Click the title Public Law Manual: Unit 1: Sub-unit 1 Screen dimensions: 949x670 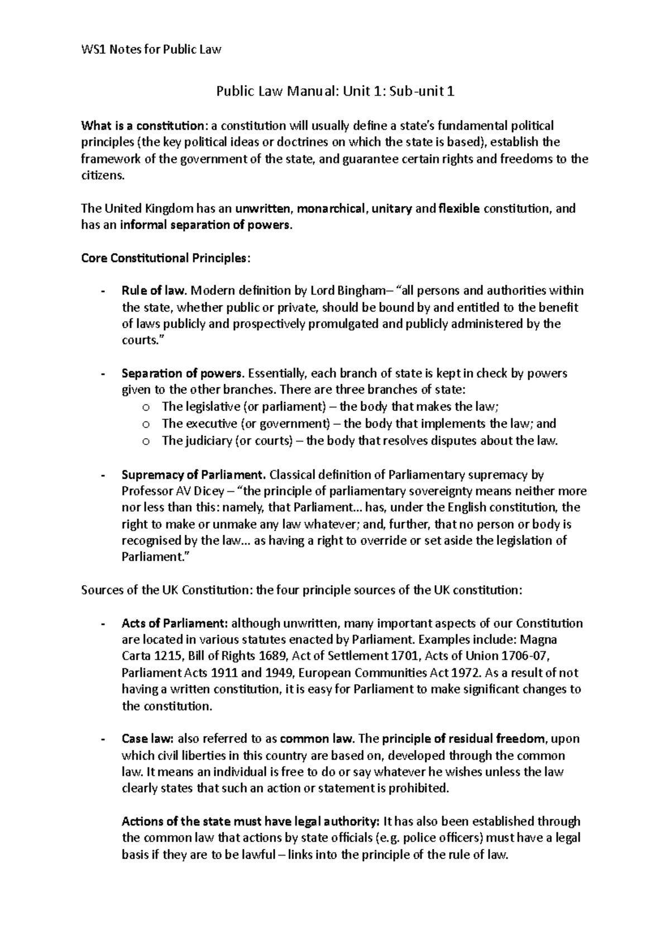[335, 91]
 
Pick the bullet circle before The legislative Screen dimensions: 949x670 [146, 407]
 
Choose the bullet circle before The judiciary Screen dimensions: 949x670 [146, 441]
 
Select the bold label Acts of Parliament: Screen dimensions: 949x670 [175, 623]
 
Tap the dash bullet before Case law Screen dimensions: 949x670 [102, 739]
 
